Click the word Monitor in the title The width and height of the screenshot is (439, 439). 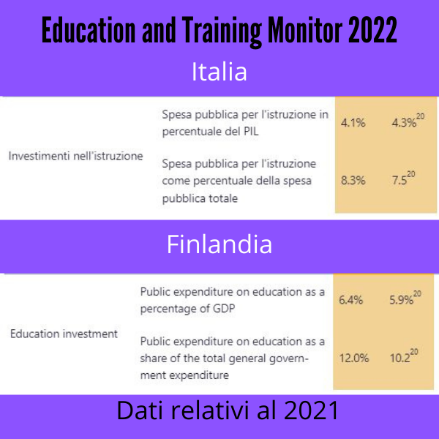pos(305,30)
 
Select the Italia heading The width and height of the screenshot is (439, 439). pos(219,72)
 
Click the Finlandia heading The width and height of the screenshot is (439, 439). pos(219,244)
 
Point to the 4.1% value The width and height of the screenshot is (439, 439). pos(353,123)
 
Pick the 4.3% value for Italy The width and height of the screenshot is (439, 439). pos(404,123)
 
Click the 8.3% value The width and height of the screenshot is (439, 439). pos(353,180)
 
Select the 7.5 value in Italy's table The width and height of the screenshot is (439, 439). pos(399,180)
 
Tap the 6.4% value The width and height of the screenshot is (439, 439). pos(350,300)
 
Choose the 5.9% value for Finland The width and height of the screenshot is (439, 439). pos(402,300)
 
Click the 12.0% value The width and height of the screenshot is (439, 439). pos(354,358)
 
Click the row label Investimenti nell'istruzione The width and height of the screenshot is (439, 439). pos(75,156)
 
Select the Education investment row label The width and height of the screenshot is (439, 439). pos(64,334)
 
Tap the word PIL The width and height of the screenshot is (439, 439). pos(251,131)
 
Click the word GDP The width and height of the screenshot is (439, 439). pos(224,309)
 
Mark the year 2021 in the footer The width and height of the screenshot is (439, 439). pos(311,410)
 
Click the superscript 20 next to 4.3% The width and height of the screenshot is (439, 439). pos(420,116)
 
